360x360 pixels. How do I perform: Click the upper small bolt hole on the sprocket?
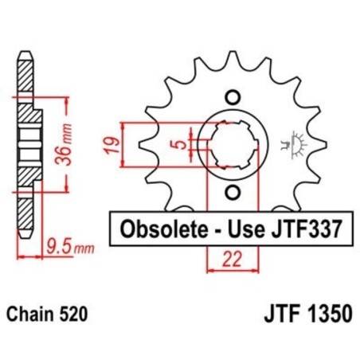[233, 97]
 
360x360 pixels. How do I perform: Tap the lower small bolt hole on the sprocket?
[233, 193]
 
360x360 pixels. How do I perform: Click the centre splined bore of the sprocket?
[233, 145]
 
